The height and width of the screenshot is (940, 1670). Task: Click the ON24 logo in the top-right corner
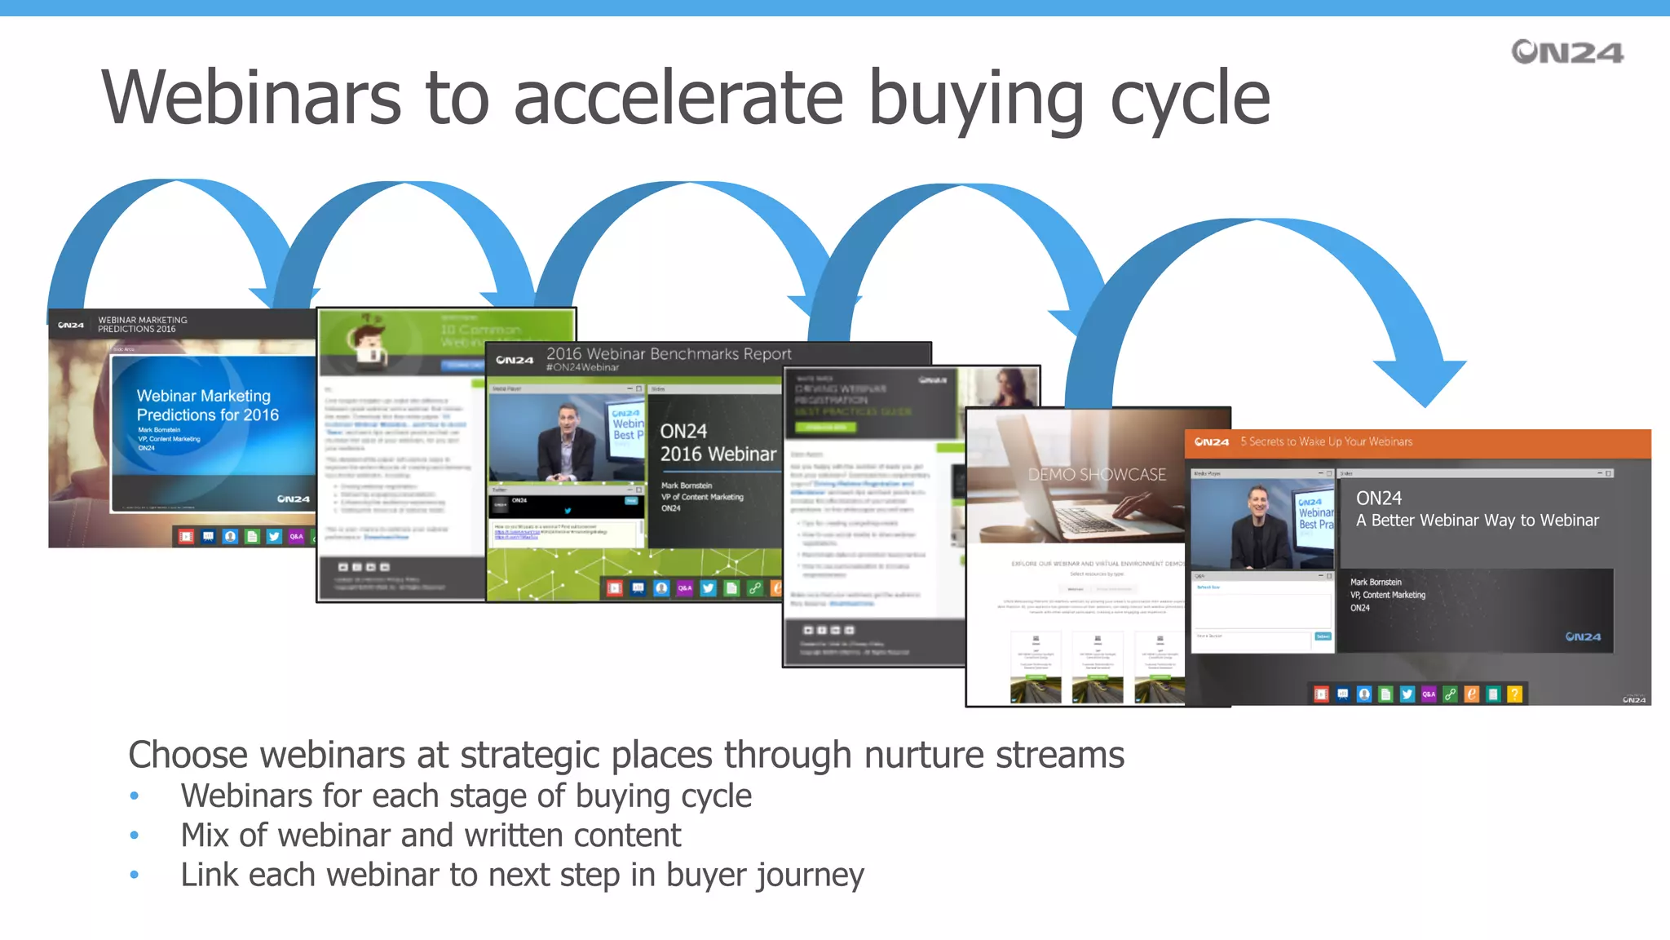click(1566, 52)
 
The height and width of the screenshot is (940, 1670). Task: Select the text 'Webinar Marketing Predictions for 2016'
click(207, 406)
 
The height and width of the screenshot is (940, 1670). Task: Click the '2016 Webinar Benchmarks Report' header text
click(669, 354)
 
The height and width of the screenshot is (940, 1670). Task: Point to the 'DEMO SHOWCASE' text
click(1096, 475)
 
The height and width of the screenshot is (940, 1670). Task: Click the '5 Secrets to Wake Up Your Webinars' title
click(1326, 442)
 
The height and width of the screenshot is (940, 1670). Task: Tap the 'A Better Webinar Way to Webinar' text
click(1477, 521)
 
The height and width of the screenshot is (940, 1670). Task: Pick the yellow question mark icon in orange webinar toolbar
click(1514, 694)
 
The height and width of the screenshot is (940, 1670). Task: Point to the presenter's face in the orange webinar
click(1258, 505)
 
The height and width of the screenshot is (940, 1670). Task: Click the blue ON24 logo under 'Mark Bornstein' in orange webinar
click(1583, 636)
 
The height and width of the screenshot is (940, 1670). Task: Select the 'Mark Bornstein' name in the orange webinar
click(1376, 583)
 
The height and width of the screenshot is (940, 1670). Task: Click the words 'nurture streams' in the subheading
click(994, 755)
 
